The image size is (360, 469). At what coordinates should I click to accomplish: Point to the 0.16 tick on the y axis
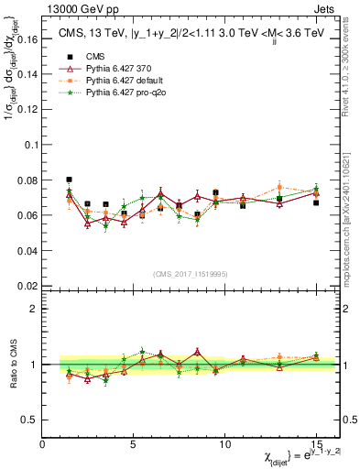tap(27, 40)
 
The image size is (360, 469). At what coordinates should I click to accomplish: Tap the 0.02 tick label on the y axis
tap(27, 286)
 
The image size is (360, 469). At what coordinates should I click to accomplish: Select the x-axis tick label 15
tap(315, 443)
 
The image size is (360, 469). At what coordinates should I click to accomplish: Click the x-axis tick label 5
tap(134, 443)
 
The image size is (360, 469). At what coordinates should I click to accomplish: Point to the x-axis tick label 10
tap(224, 443)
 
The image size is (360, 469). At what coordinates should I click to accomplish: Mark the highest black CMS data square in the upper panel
tap(70, 180)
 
